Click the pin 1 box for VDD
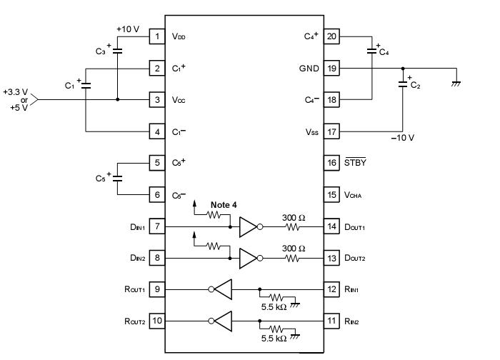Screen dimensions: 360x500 157,36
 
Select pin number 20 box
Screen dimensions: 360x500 331,36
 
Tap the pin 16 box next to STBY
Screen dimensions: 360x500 331,162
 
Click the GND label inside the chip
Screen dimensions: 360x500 309,69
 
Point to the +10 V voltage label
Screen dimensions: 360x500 127,29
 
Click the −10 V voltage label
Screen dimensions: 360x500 402,138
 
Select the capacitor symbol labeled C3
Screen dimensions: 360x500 117,51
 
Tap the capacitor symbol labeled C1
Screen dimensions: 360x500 86,84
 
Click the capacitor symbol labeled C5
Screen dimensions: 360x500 117,177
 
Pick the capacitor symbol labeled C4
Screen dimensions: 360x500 372,50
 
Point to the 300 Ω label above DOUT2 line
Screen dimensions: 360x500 294,248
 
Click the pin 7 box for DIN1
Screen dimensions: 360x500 157,227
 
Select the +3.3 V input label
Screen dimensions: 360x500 16,92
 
